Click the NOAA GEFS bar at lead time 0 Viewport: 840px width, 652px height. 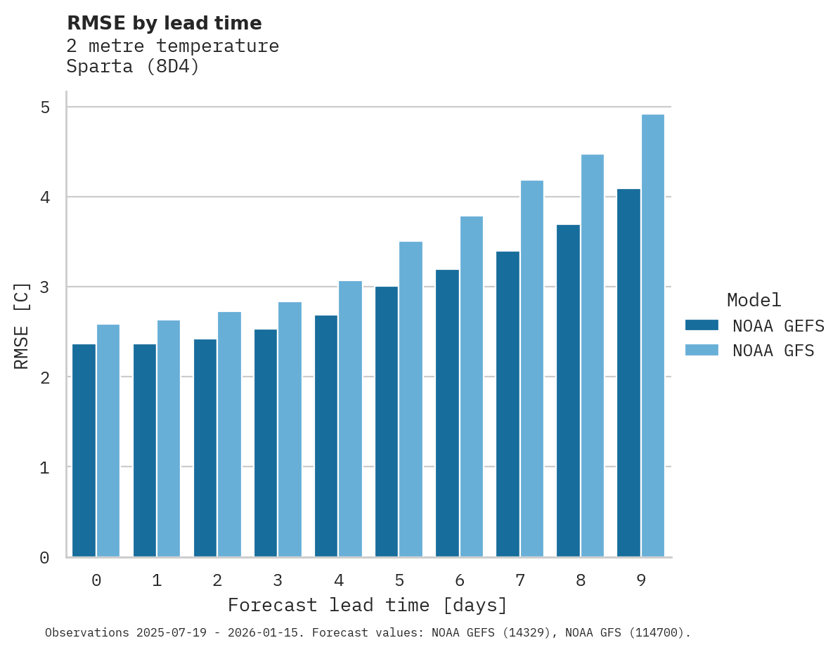pyautogui.click(x=84, y=450)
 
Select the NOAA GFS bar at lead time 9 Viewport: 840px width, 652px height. pyautogui.click(x=653, y=336)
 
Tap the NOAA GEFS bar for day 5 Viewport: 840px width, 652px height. pyautogui.click(x=387, y=422)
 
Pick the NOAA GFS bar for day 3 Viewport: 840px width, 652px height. pyautogui.click(x=290, y=429)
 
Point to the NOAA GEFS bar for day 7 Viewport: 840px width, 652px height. pyautogui.click(x=508, y=404)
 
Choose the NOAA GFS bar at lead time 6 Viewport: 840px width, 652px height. pyautogui.click(x=472, y=386)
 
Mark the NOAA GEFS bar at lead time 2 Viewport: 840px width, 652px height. pyautogui.click(x=205, y=448)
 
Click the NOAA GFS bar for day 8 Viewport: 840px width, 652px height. pyautogui.click(x=593, y=356)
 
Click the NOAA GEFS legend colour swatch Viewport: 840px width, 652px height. pyautogui.click(x=702, y=325)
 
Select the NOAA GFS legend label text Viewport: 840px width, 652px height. pyautogui.click(x=773, y=351)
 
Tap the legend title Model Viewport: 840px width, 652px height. pyautogui.click(x=754, y=300)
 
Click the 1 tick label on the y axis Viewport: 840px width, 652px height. pyautogui.click(x=44, y=467)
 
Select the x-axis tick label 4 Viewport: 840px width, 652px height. pyautogui.click(x=339, y=580)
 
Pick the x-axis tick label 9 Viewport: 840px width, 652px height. pyautogui.click(x=641, y=580)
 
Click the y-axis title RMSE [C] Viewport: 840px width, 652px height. pyautogui.click(x=22, y=325)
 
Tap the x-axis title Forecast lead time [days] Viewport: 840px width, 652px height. pyautogui.click(x=367, y=605)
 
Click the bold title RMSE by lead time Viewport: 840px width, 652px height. pyautogui.click(x=164, y=23)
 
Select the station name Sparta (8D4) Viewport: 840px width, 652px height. pyautogui.click(x=133, y=67)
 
